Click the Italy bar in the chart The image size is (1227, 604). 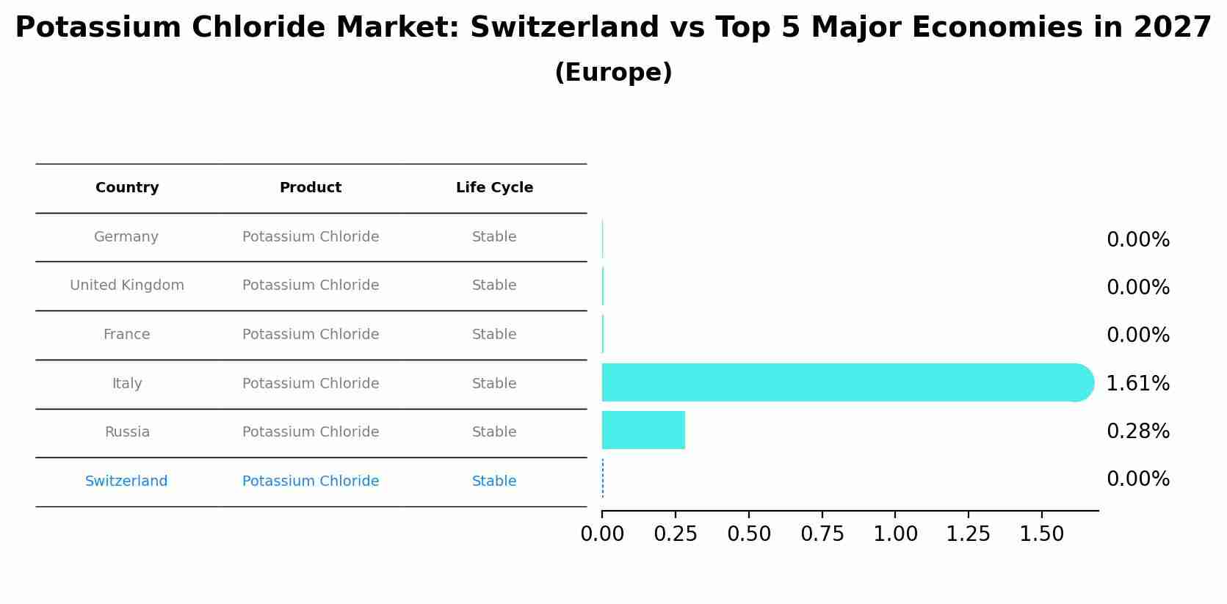click(844, 382)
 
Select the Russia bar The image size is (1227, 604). click(643, 430)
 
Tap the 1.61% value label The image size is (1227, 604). click(1137, 383)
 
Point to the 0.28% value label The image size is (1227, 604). click(1137, 432)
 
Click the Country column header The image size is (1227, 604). click(127, 188)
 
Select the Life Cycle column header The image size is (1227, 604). click(494, 188)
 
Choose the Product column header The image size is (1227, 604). click(311, 188)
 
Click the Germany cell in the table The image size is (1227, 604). click(126, 237)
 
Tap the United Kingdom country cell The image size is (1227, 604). click(127, 285)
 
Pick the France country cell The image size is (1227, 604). click(126, 335)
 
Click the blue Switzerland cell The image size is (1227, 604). click(126, 481)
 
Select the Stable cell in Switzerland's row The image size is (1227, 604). click(494, 481)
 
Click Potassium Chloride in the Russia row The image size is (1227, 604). click(311, 432)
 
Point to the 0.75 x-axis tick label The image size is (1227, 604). click(822, 534)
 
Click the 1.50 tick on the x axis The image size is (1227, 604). click(1041, 534)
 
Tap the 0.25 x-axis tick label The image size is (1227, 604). click(676, 534)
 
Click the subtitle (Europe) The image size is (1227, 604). click(613, 73)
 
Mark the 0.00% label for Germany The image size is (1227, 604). click(1137, 240)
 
